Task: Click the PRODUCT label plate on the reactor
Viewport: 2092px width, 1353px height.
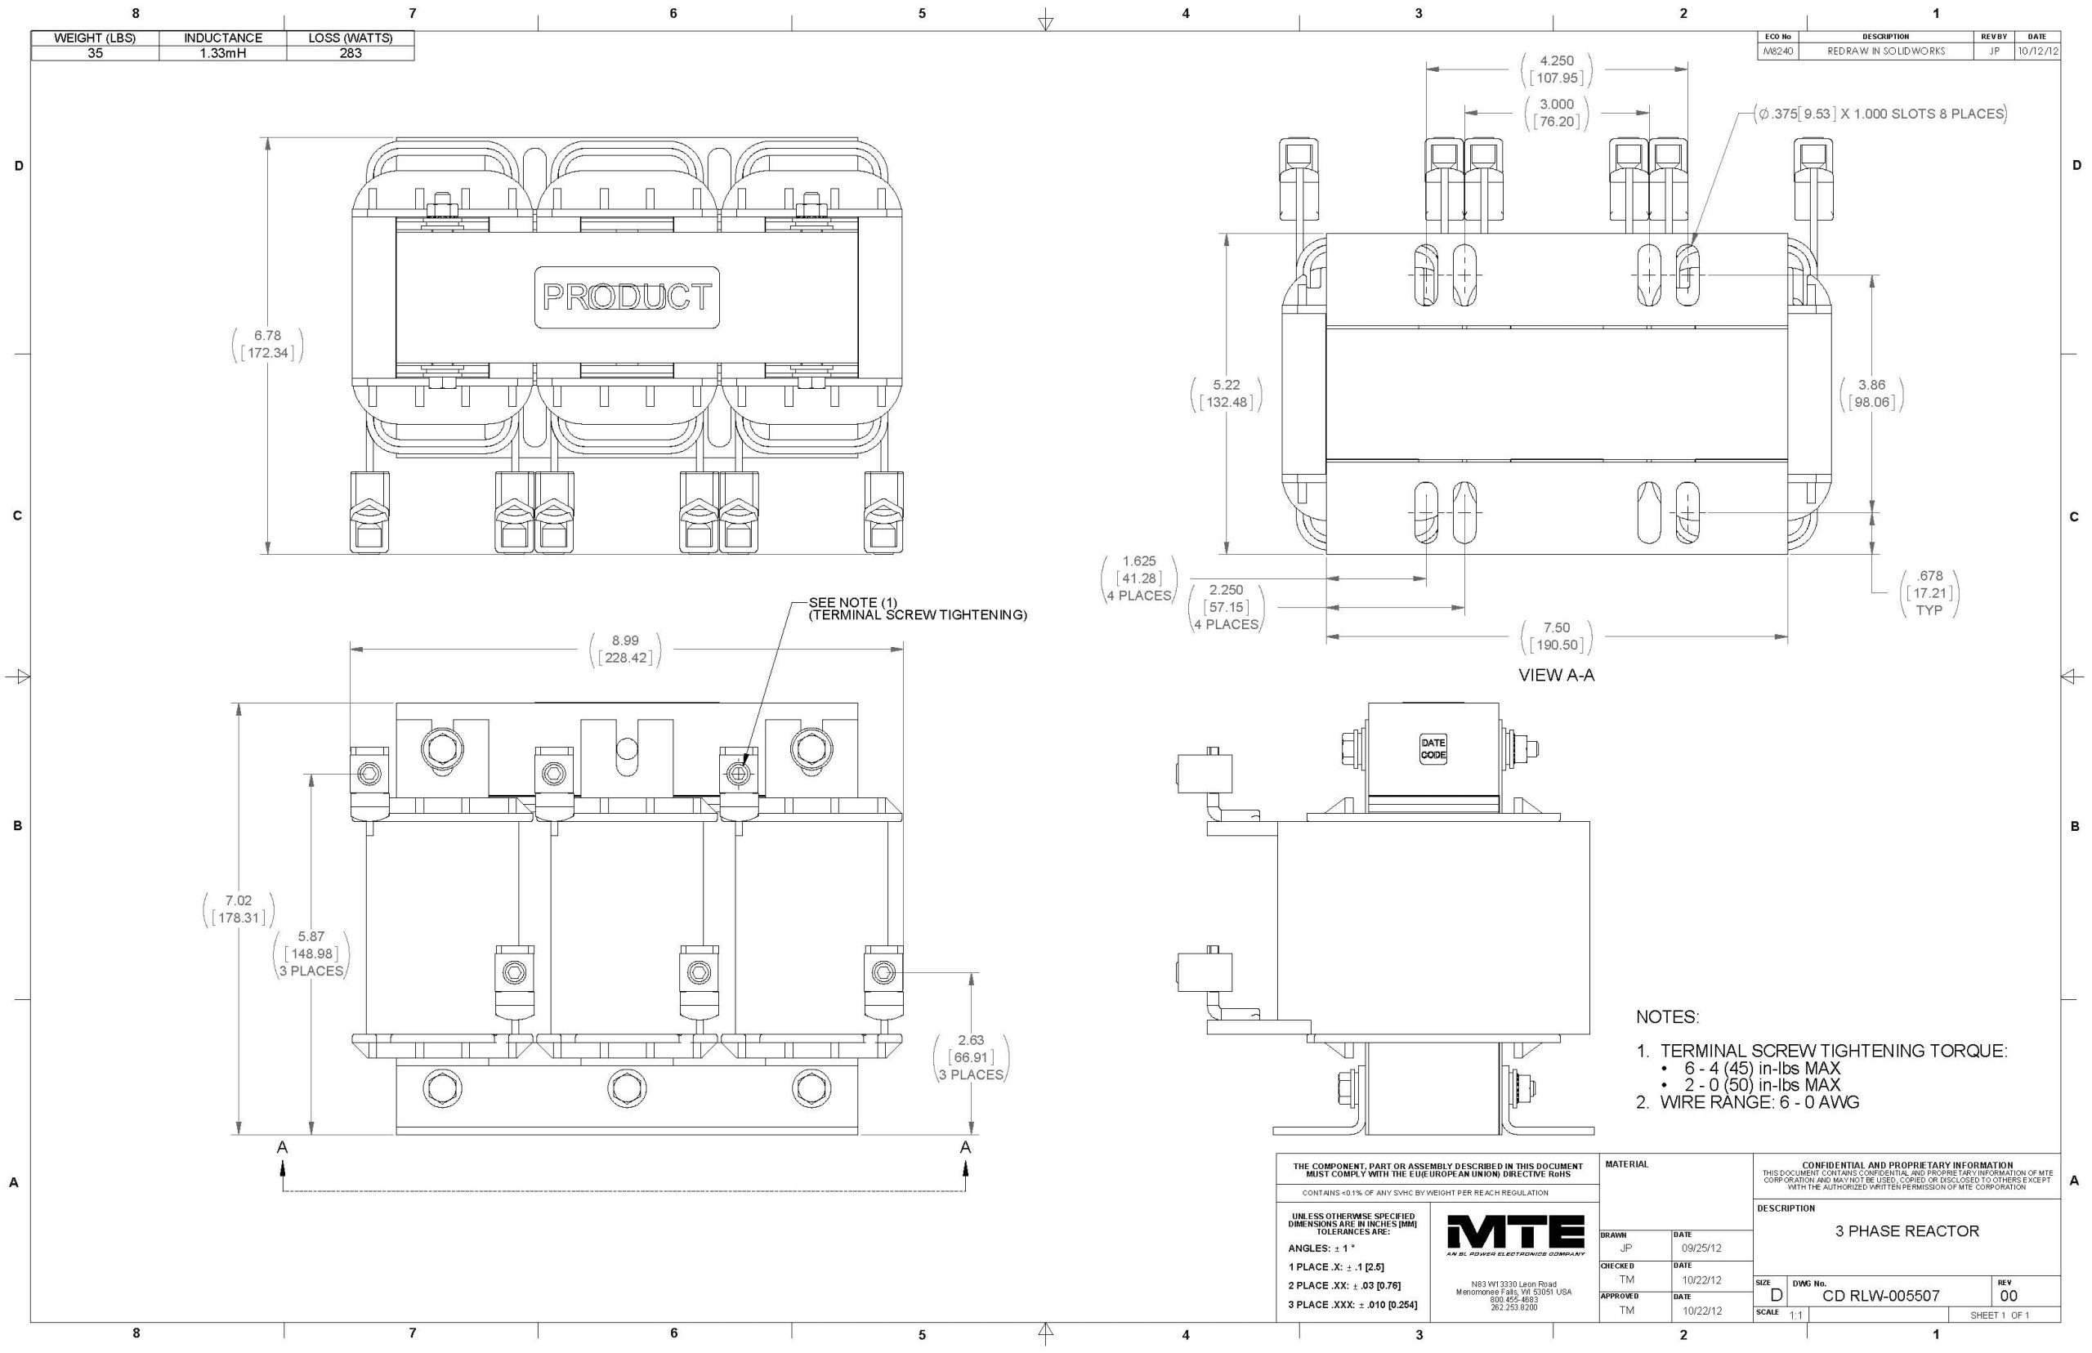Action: coord(627,297)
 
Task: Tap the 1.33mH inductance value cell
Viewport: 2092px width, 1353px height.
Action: coord(222,53)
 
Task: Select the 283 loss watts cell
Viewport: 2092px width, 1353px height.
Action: coord(350,53)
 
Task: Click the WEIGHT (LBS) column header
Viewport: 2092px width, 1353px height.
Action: coord(95,38)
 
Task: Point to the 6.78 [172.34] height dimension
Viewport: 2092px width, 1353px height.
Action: coord(267,345)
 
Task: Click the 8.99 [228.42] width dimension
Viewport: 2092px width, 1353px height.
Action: coord(624,650)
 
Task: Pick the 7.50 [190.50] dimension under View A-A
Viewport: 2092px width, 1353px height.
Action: coord(1556,636)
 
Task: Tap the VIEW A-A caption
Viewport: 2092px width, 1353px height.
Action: coord(1556,676)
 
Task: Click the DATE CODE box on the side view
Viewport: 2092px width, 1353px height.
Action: coord(1433,748)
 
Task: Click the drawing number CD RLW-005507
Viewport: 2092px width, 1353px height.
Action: coord(1880,1296)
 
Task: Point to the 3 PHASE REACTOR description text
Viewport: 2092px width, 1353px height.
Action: coord(1906,1231)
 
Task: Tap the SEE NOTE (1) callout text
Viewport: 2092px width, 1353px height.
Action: coord(916,608)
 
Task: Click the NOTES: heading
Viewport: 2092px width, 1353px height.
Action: coord(1667,1017)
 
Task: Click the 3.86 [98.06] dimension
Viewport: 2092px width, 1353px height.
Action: coord(1871,394)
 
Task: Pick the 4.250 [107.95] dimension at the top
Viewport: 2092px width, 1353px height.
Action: coord(1556,69)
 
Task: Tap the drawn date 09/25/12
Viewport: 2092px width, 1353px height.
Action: coord(1701,1248)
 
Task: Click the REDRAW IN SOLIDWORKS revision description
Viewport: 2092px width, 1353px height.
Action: coord(1885,51)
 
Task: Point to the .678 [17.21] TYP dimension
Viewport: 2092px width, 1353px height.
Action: coord(1929,593)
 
